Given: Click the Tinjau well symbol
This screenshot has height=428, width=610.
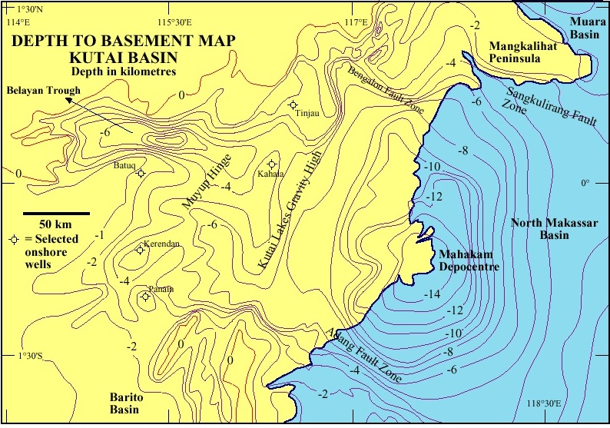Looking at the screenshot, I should point(293,105).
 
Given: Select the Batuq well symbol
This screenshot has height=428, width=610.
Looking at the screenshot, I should point(141,173).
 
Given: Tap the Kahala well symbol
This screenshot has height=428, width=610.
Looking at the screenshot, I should point(272,164).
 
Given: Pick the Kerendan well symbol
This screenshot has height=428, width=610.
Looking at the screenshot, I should point(140,249).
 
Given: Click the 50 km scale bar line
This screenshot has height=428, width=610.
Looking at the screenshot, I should point(56,213).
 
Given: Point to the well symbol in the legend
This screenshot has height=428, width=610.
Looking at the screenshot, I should point(13,240).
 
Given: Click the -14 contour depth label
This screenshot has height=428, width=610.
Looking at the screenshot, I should point(430,294).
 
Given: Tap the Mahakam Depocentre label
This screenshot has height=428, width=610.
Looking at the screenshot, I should point(469,260).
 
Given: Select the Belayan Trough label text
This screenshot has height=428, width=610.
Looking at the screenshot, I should point(44,91).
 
